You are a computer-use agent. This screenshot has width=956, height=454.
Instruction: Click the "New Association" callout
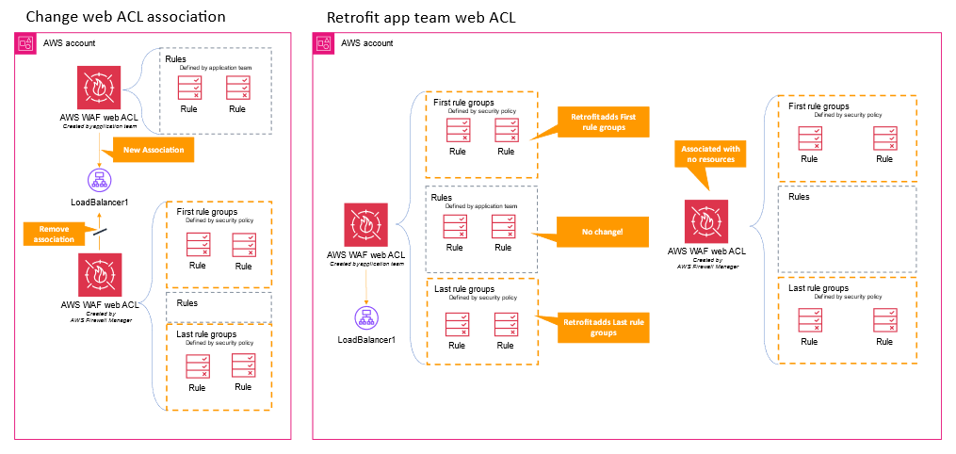153,150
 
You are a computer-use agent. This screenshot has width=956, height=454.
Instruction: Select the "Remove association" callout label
55,234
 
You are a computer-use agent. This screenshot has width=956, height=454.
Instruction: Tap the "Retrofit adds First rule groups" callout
604,122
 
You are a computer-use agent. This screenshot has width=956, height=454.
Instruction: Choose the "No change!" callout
603,232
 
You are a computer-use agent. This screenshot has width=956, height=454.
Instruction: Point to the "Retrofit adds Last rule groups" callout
604,328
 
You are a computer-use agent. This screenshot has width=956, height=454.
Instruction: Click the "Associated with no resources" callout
710,154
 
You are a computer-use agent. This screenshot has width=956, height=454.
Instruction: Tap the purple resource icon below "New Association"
99,181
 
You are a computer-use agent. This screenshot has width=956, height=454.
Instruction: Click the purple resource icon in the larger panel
366,317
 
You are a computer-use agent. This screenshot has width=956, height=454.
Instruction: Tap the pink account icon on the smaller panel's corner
25,42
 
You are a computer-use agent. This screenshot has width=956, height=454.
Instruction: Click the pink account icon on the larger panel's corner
323,42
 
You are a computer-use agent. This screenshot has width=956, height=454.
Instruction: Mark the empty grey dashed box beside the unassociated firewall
847,229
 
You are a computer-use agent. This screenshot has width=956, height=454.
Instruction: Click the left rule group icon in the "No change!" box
456,226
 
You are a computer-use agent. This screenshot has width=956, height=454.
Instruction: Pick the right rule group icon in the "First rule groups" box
507,130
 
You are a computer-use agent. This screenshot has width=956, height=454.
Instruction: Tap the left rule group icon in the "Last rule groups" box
458,324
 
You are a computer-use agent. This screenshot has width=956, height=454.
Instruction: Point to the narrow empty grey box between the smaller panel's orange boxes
219,305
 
